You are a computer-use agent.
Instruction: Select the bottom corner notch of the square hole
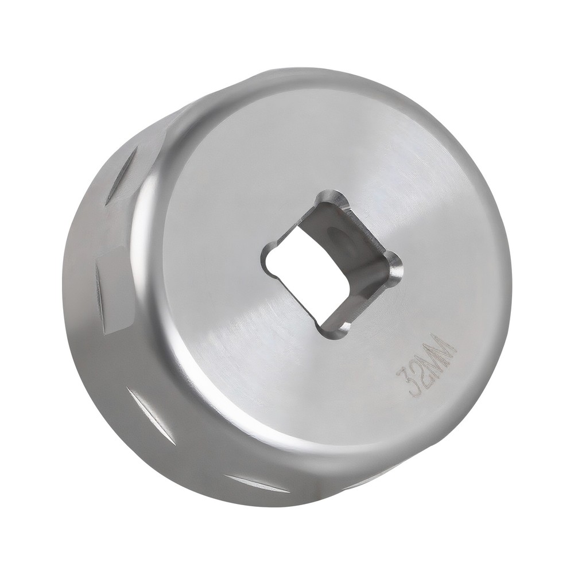tap(333, 329)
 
